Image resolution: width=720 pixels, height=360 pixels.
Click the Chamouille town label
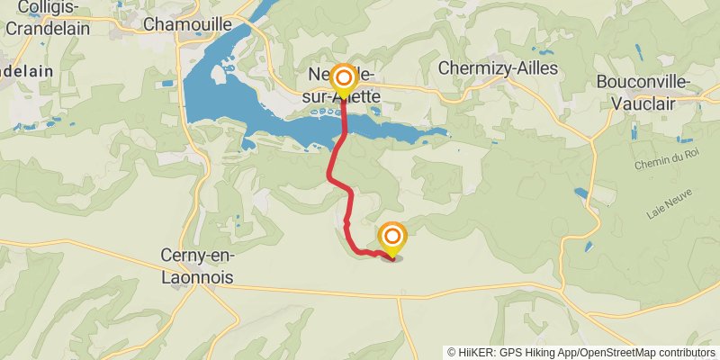click(187, 23)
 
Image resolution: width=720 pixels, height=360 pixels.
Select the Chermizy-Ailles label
click(498, 68)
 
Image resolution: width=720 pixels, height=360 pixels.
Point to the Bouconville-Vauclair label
click(643, 92)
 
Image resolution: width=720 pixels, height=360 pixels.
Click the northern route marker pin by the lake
click(342, 79)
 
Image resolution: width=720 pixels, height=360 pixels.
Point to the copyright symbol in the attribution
click(452, 352)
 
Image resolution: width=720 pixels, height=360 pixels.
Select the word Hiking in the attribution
click(550, 352)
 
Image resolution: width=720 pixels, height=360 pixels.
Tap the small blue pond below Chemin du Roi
click(576, 193)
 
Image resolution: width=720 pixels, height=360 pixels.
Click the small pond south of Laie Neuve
click(589, 246)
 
